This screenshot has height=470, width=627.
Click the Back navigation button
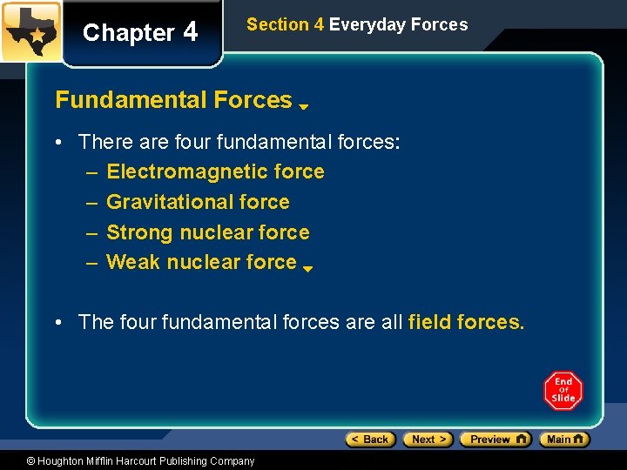click(371, 440)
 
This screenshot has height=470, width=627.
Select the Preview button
click(495, 440)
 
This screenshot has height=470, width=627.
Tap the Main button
click(564, 440)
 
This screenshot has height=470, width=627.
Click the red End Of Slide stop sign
click(563, 390)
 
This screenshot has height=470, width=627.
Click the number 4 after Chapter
click(190, 32)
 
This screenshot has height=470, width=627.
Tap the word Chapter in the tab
click(128, 33)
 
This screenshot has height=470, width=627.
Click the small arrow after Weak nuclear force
click(307, 268)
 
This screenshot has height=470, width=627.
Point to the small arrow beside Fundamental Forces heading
click(304, 107)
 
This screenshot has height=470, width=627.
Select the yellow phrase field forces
click(466, 322)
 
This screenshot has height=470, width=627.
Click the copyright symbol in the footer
click(30, 461)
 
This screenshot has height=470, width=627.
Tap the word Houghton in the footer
click(62, 461)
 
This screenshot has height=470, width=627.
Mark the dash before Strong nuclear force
click(91, 232)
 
